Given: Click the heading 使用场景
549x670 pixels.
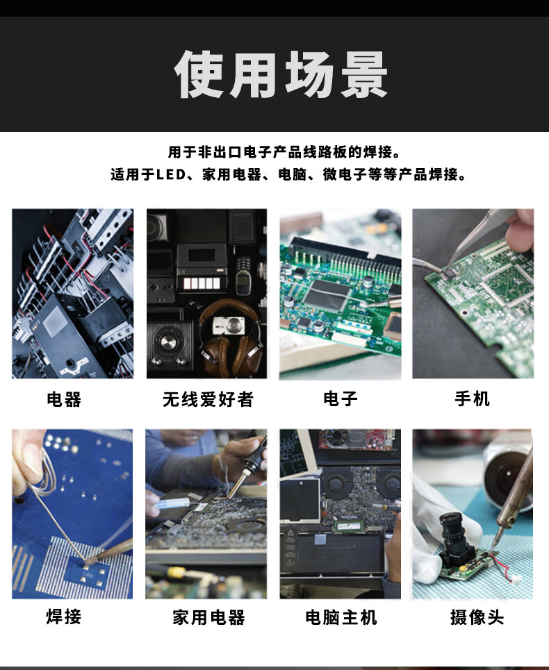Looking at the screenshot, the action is pyautogui.click(x=281, y=74).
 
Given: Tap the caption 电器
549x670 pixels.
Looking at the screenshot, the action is pyautogui.click(x=64, y=399).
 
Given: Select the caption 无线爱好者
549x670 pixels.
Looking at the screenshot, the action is pyautogui.click(x=208, y=399).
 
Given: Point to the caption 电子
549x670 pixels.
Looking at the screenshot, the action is pyautogui.click(x=341, y=399).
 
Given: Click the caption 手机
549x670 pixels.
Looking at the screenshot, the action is pyautogui.click(x=472, y=399).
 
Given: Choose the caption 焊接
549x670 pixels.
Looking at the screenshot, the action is pyautogui.click(x=64, y=617).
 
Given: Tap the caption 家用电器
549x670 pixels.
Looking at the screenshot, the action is pyautogui.click(x=208, y=617).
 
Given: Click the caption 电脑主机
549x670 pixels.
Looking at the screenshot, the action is pyautogui.click(x=341, y=617).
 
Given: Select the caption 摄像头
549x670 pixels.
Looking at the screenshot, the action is pyautogui.click(x=477, y=617).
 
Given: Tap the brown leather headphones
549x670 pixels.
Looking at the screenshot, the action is pyautogui.click(x=231, y=337).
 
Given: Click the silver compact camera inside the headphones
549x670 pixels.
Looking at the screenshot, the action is pyautogui.click(x=229, y=326).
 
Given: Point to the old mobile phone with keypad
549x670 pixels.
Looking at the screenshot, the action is pyautogui.click(x=243, y=275).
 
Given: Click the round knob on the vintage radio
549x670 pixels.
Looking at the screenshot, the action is pyautogui.click(x=170, y=342).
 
